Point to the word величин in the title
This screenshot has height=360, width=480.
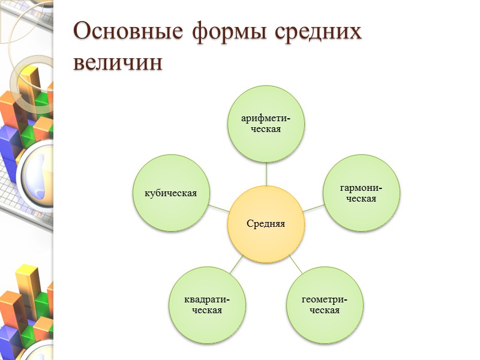118,62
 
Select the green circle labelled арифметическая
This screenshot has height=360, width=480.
266,124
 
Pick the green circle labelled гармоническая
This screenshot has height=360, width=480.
362,193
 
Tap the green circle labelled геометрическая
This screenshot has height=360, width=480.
325,305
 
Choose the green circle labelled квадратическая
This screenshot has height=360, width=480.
207,305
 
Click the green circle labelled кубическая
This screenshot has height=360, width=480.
170,193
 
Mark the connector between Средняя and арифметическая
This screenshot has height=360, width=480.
266,174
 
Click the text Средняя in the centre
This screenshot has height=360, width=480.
266,224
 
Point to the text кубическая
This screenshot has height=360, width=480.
170,193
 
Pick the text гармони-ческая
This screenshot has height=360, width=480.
362,193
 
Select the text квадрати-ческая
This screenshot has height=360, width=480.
207,305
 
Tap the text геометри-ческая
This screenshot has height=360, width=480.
325,305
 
